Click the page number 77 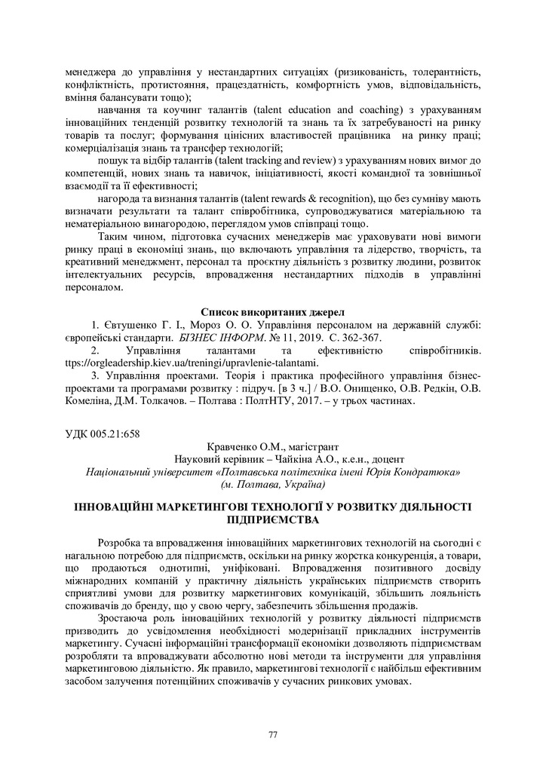point(273,734)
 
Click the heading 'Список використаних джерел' point(272,311)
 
